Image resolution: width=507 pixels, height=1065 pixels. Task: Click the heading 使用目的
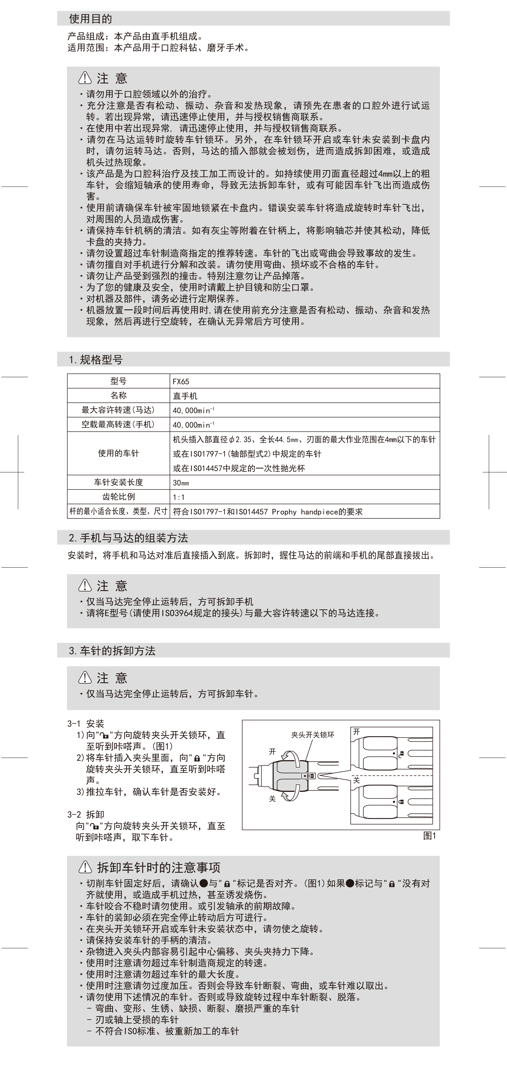pyautogui.click(x=90, y=19)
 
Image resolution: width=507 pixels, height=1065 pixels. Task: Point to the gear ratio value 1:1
pyautogui.click(x=179, y=497)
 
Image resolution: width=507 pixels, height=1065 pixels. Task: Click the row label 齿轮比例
pyautogui.click(x=118, y=497)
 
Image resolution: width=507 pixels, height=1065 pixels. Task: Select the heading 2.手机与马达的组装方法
pyautogui.click(x=128, y=538)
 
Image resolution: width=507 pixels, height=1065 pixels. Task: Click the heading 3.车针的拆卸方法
pyautogui.click(x=112, y=651)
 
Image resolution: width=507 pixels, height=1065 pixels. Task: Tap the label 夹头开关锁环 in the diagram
pyautogui.click(x=313, y=735)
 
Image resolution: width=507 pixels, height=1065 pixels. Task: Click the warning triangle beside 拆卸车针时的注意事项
pyautogui.click(x=85, y=867)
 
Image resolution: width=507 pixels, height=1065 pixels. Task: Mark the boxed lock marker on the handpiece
pyautogui.click(x=310, y=776)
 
